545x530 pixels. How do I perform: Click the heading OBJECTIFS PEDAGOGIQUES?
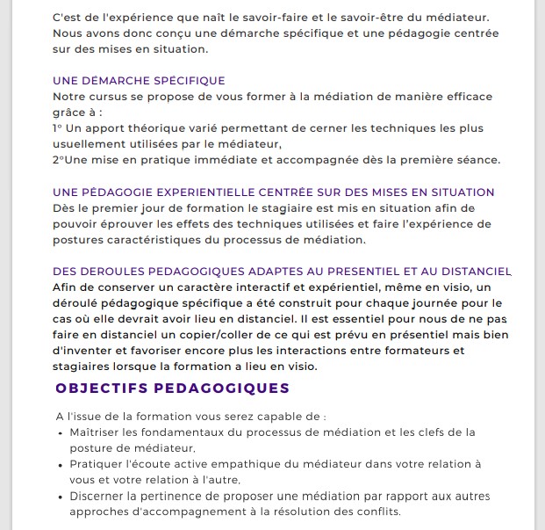[172, 388]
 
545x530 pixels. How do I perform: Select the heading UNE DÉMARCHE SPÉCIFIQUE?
[139, 81]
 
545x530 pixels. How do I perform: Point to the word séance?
[479, 160]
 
